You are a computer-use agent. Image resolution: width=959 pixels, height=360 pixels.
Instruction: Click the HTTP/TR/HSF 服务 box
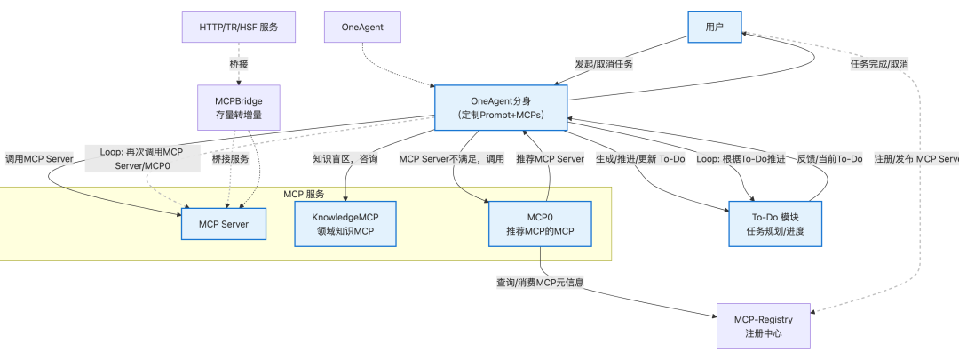237,28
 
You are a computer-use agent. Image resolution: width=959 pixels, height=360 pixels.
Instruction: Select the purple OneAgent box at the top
362,28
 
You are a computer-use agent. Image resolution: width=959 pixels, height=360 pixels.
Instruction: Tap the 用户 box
714,28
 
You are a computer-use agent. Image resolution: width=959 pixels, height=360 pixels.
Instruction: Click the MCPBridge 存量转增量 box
237,107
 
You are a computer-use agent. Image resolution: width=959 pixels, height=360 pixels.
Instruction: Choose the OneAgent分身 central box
501,107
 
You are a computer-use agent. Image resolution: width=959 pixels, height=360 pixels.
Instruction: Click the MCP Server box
223,223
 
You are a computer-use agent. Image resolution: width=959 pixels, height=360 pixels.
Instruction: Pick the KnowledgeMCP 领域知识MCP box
345,223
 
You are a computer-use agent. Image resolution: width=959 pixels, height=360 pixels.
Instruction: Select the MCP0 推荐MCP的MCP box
539,223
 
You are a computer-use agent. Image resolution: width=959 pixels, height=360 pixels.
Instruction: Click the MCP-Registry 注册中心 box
763,325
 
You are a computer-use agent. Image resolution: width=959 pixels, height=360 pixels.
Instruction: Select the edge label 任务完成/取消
878,64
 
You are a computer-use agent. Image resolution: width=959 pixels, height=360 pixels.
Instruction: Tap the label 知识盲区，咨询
345,159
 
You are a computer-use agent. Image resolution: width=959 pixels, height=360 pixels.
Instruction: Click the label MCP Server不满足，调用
451,159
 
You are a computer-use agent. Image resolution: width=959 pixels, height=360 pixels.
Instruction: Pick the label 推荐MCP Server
551,159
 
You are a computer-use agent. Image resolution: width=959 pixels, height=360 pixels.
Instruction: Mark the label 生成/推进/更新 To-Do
640,159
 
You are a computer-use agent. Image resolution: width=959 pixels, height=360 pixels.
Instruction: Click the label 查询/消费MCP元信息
539,283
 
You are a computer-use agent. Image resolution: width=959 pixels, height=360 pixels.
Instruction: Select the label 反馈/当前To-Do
829,159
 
